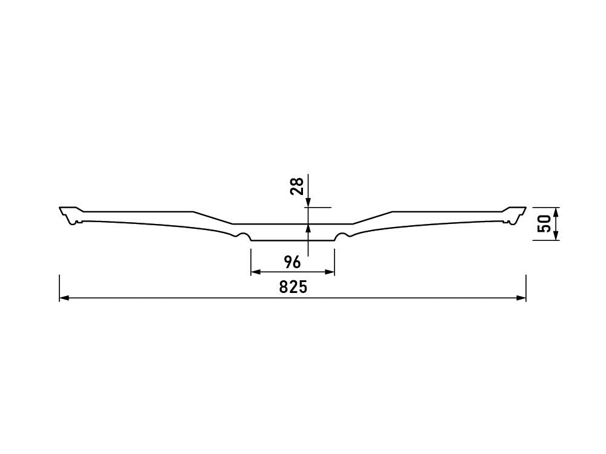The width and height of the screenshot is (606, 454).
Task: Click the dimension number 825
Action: click(293, 287)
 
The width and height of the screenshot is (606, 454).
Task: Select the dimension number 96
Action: click(292, 263)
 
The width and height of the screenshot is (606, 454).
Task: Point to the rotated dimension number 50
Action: click(544, 224)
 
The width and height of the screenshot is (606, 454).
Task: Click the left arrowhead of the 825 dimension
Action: click(64, 298)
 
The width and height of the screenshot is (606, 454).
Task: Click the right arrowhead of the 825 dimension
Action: click(521, 298)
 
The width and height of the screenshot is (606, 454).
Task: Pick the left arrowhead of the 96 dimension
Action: click(256, 272)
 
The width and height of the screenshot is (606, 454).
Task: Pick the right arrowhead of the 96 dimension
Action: click(330, 272)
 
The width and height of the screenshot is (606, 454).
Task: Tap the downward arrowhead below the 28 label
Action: click(308, 203)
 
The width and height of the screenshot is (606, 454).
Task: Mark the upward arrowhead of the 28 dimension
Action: click(308, 229)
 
